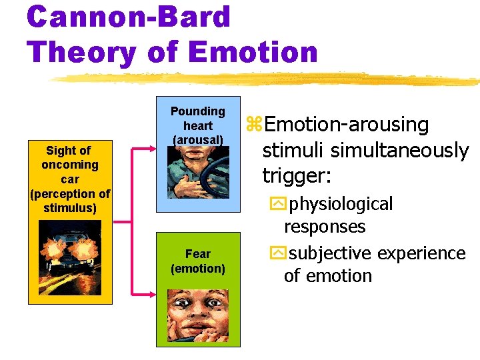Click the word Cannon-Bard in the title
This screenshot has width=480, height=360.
click(x=129, y=17)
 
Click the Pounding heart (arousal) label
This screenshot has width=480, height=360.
click(x=197, y=125)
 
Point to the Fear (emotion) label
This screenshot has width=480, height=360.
click(x=197, y=261)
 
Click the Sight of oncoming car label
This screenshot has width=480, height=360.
click(x=70, y=179)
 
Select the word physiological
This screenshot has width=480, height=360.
click(x=342, y=203)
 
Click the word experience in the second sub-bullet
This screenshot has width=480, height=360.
click(x=422, y=253)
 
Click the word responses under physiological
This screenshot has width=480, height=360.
click(x=325, y=227)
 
